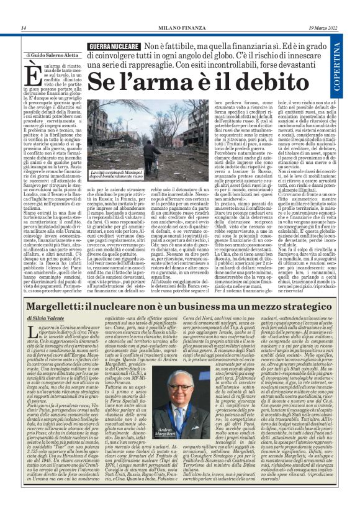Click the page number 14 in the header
click(x=23, y=28)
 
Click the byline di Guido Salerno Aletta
click(x=52, y=55)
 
